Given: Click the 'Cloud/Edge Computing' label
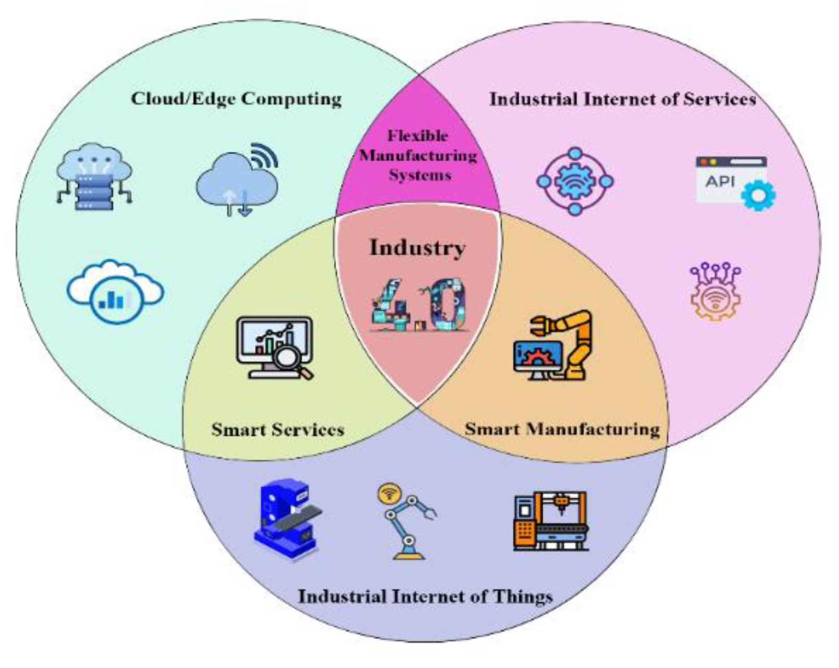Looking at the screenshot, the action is tap(236, 98).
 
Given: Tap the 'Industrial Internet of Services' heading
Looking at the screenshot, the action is tap(622, 99).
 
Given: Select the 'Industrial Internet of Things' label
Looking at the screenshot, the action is tap(425, 596).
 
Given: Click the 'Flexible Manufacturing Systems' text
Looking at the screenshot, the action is tap(418, 155).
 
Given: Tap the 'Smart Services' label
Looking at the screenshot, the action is tap(278, 429).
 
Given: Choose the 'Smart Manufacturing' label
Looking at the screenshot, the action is tap(562, 429).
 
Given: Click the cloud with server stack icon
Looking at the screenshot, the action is tap(94, 177).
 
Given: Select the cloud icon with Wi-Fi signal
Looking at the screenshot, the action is tap(237, 179).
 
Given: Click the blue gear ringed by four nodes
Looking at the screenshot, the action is tap(575, 181).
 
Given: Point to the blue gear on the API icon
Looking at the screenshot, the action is tap(758, 195).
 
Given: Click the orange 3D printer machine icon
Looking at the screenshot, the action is tap(551, 521).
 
